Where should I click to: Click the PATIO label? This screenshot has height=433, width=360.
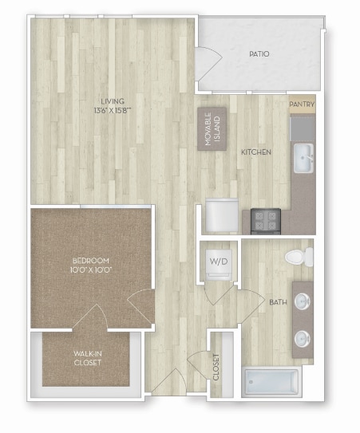pyautogui.click(x=258, y=54)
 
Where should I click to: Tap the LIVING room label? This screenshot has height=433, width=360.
pyautogui.click(x=113, y=100)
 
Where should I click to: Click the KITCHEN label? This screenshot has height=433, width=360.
pyautogui.click(x=257, y=152)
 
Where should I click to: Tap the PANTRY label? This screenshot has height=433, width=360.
pyautogui.click(x=302, y=104)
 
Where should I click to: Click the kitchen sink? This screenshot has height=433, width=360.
pyautogui.click(x=303, y=157)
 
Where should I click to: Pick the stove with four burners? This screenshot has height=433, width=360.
pyautogui.click(x=264, y=219)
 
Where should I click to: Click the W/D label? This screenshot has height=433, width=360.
pyautogui.click(x=217, y=261)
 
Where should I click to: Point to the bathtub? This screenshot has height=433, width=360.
pyautogui.click(x=270, y=382)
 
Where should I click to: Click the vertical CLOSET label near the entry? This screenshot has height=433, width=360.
pyautogui.click(x=216, y=366)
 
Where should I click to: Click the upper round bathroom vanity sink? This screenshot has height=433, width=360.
pyautogui.click(x=303, y=301)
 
